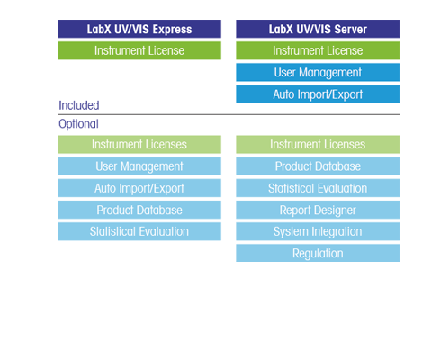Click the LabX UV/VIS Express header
pos(139,29)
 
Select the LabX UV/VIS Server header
pos(318,29)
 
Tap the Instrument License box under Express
pos(139,50)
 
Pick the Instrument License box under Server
pos(318,50)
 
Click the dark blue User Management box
pos(318,72)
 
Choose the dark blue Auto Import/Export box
pos(318,94)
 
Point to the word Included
pos(79,105)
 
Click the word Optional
pos(78,124)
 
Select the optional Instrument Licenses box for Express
pos(139,145)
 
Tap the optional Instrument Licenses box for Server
pos(318,145)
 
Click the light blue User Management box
pos(139,166)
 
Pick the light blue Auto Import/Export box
pos(139,188)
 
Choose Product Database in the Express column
pos(139,210)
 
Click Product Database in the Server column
pos(318,166)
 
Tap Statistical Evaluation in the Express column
pos(139,231)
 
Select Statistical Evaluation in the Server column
pos(318,188)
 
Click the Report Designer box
pos(318,210)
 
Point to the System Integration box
pos(318,231)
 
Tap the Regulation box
pos(318,253)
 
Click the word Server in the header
pos(351,30)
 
